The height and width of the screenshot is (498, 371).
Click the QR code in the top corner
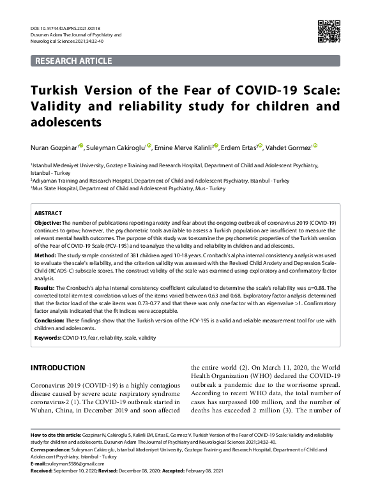pos(329,31)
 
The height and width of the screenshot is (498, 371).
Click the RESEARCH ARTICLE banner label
pos(73,61)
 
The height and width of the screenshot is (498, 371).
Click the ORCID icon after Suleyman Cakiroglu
pos(149,146)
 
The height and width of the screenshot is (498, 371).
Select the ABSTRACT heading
pos(48,213)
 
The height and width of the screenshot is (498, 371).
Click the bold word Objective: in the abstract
pos(47,222)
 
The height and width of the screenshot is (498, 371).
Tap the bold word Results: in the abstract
pos(45,289)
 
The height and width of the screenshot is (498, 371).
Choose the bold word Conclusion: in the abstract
pos(50,321)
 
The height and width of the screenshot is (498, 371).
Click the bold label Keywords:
pos(48,337)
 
